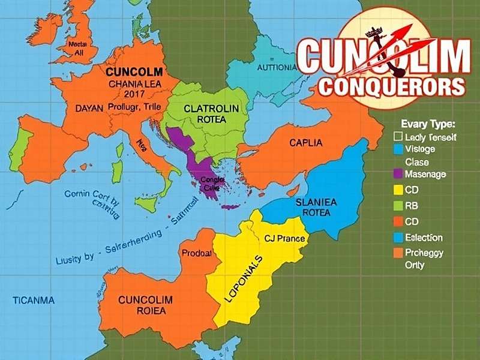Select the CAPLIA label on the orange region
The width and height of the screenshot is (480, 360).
pos(305,143)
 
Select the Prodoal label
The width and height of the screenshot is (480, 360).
pos(196,253)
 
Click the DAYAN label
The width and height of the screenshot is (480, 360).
pos(91,109)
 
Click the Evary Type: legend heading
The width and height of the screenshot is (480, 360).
pos(427,124)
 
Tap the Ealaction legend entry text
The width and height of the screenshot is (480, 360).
pos(424,238)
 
